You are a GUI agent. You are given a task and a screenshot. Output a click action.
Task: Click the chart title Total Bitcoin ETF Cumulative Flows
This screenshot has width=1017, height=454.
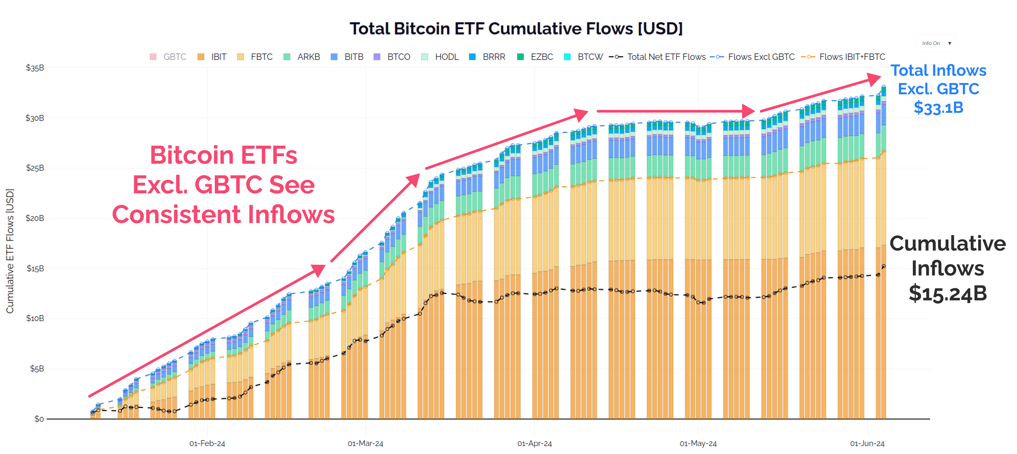pyautogui.click(x=516, y=28)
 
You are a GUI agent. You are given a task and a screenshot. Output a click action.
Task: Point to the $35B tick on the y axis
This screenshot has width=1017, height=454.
pyautogui.click(x=35, y=68)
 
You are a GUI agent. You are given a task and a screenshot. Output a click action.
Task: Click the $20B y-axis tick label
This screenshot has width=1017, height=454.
pyautogui.click(x=35, y=218)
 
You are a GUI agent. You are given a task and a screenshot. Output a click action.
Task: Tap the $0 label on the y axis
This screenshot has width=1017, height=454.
pyautogui.click(x=39, y=419)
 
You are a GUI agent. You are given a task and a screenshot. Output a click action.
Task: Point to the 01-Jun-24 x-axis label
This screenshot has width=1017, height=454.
pyautogui.click(x=867, y=443)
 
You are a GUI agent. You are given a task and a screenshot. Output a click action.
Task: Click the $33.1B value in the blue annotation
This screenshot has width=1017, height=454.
pyautogui.click(x=938, y=107)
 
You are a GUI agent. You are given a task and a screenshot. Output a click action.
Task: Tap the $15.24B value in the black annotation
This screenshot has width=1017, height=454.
pyautogui.click(x=948, y=293)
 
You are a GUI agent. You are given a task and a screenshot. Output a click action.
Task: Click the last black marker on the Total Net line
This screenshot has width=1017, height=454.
pyautogui.click(x=884, y=266)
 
